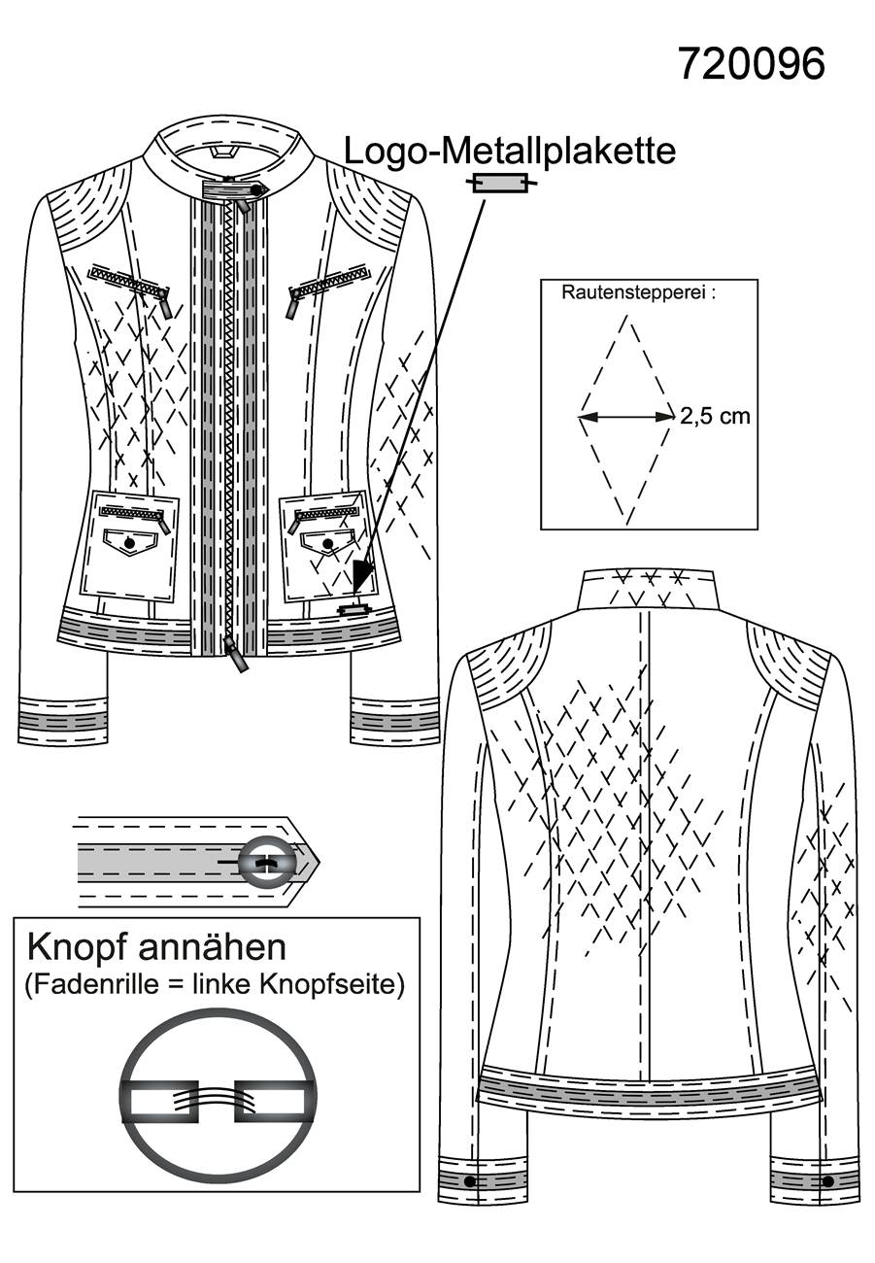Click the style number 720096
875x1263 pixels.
coord(752,64)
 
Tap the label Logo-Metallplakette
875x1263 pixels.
coord(510,152)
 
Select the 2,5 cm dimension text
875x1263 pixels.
coord(715,417)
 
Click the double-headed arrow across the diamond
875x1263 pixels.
coord(625,417)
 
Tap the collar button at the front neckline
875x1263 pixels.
coord(256,190)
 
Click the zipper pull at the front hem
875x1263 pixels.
coord(235,655)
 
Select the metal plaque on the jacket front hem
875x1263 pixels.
coord(353,609)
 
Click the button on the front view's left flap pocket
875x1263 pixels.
coord(129,543)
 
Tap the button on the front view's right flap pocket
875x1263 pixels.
coord(327,543)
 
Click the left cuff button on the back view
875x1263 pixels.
coord(469,1180)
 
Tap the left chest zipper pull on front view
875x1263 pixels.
coord(166,302)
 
